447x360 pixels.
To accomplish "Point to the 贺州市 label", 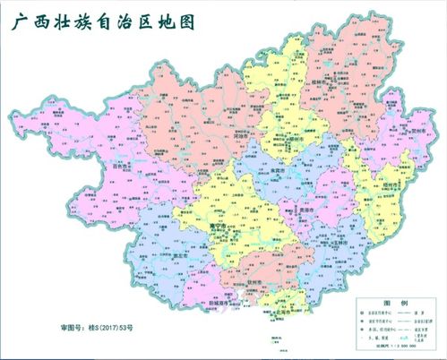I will point(414,131).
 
